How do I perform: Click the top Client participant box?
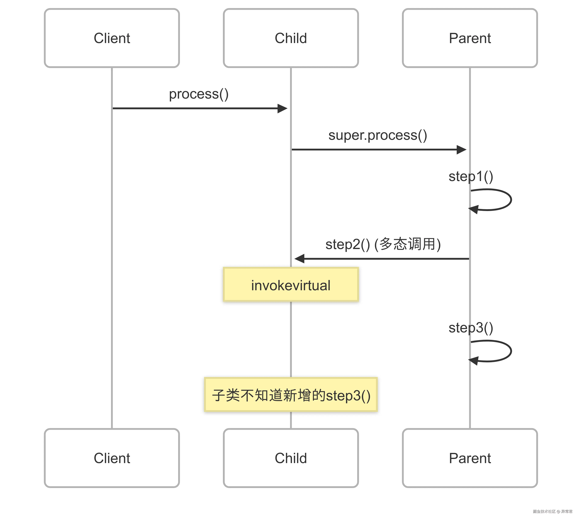(112, 38)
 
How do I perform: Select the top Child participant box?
(291, 38)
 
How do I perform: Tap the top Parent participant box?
(470, 38)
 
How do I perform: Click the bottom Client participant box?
(112, 458)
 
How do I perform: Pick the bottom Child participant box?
(291, 458)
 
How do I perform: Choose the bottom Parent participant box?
(470, 458)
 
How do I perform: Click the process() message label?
(199, 94)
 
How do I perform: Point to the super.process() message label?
(377, 135)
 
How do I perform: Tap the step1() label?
(471, 176)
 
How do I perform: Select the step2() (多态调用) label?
(383, 244)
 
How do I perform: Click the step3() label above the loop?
(471, 328)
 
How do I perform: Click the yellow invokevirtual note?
(291, 285)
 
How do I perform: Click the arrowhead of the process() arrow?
(283, 108)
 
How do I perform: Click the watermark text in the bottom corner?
(552, 511)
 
